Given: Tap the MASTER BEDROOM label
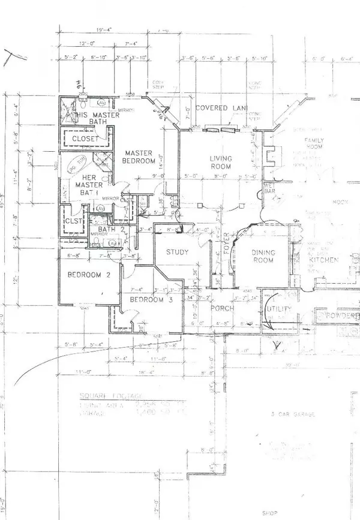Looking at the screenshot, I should click(x=139, y=157).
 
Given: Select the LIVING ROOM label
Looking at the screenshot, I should click(x=220, y=163).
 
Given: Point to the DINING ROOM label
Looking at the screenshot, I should click(x=262, y=256).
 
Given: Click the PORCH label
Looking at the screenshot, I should click(x=220, y=308).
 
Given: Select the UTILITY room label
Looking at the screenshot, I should click(x=279, y=309).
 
